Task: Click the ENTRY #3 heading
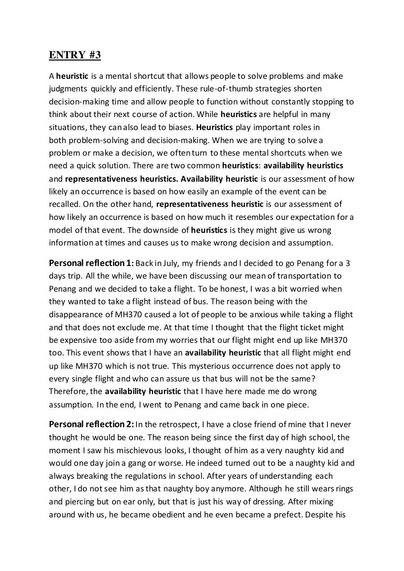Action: click(75, 55)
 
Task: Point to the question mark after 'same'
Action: click(313, 379)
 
